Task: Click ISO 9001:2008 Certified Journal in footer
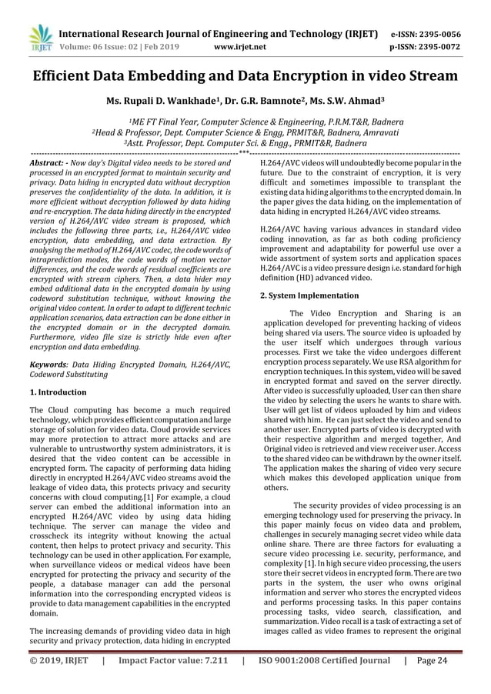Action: [x=324, y=681]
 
